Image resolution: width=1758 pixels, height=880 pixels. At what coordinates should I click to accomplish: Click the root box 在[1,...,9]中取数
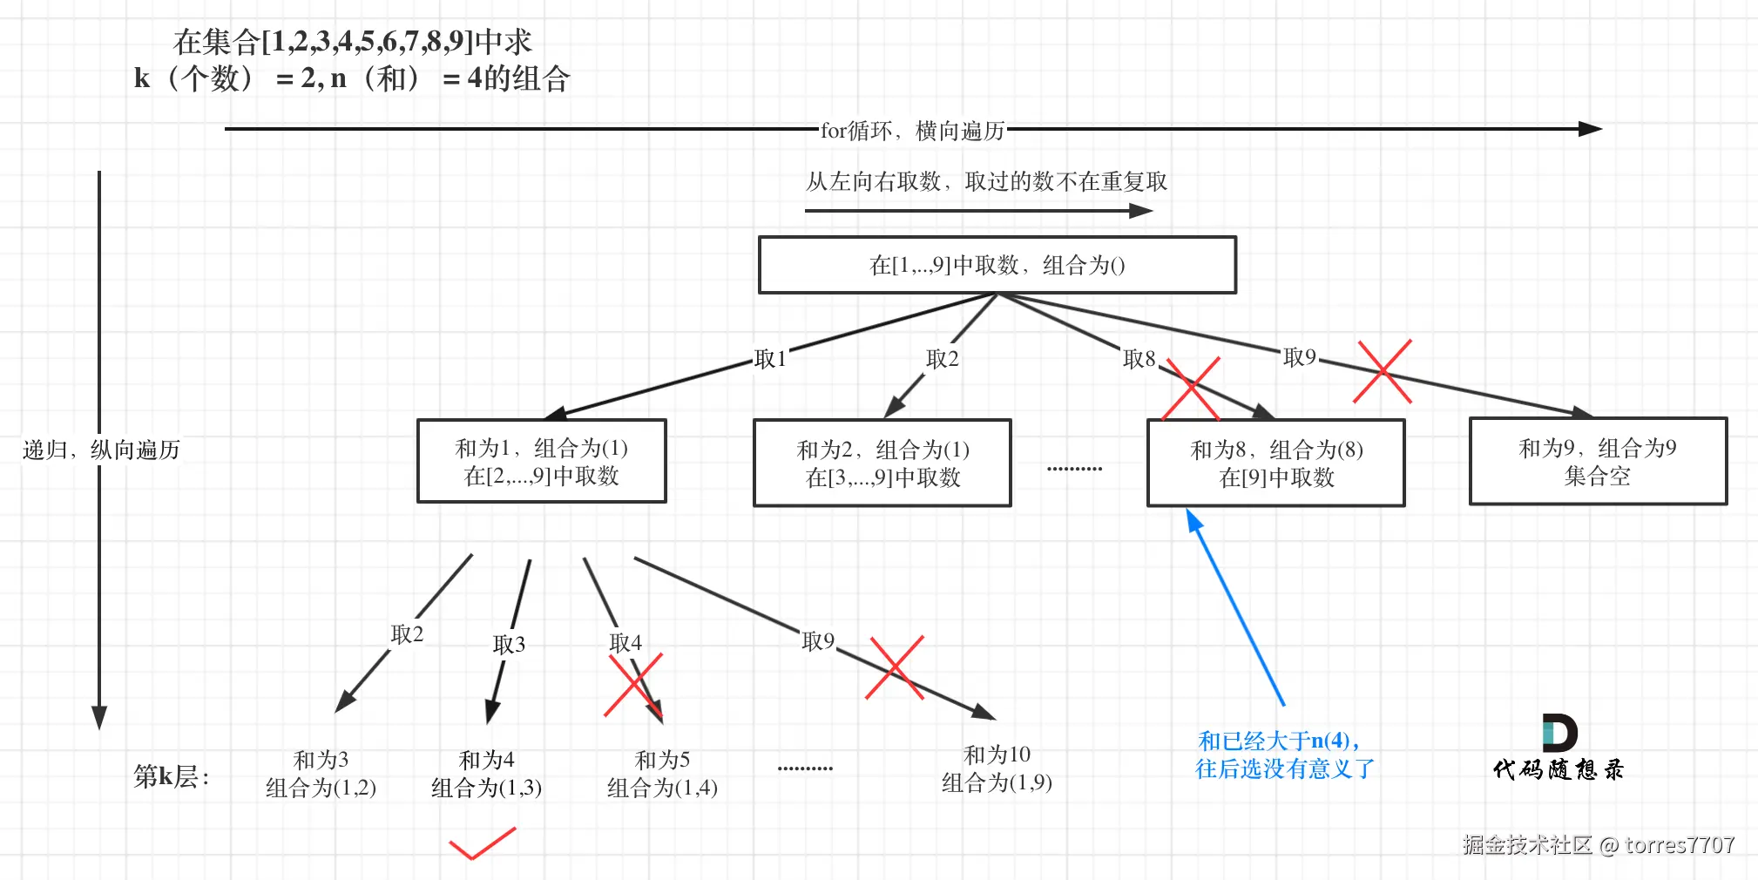point(997,265)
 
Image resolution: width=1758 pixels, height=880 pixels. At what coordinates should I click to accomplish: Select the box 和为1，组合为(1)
point(541,461)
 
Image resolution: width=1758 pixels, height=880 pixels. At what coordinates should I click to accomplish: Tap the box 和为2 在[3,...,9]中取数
point(882,463)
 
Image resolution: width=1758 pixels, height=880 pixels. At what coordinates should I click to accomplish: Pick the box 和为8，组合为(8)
point(1275,463)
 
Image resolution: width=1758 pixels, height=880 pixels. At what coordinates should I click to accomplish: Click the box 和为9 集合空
point(1597,461)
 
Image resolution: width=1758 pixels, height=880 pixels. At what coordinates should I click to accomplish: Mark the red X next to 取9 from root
point(1383,372)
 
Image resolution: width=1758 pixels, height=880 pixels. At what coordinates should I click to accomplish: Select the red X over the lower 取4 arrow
point(634,685)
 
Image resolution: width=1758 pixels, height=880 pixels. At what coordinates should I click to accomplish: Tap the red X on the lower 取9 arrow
point(895,668)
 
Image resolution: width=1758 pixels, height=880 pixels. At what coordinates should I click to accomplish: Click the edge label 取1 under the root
point(770,359)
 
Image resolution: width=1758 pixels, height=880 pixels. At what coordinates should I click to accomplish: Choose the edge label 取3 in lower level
point(509,644)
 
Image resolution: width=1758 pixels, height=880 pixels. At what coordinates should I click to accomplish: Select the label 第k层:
point(172,775)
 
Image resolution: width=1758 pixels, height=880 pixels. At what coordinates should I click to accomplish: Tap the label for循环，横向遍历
point(912,131)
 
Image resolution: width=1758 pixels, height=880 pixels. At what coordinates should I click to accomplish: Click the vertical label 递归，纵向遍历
point(101,450)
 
